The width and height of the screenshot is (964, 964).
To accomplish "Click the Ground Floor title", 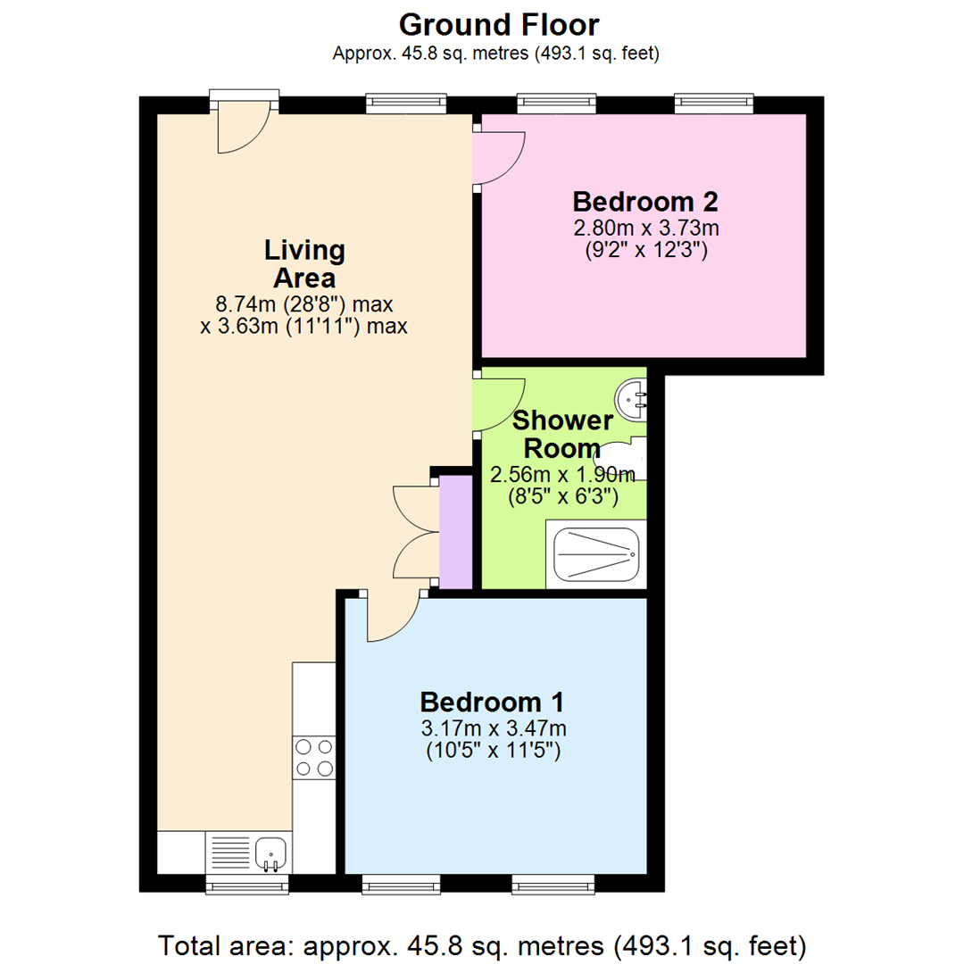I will (499, 24).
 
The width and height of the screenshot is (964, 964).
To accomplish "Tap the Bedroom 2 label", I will (645, 201).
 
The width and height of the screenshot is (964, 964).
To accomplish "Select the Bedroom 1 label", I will (494, 701).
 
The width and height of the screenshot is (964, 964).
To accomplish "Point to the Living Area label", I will (304, 263).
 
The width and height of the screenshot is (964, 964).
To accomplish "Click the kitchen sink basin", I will (270, 852).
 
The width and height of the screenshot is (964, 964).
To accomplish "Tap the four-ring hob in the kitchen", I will (314, 757).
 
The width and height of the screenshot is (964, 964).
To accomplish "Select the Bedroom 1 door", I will (392, 619).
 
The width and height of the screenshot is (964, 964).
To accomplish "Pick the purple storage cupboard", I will (456, 532).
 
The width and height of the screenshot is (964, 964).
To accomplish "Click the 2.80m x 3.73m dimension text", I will (645, 229).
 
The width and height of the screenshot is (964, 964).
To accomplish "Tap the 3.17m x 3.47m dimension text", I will (494, 727).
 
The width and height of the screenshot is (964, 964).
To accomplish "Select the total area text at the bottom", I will (482, 943).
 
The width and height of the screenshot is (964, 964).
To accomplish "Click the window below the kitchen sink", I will (247, 884).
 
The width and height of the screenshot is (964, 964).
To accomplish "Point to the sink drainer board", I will (229, 852).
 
